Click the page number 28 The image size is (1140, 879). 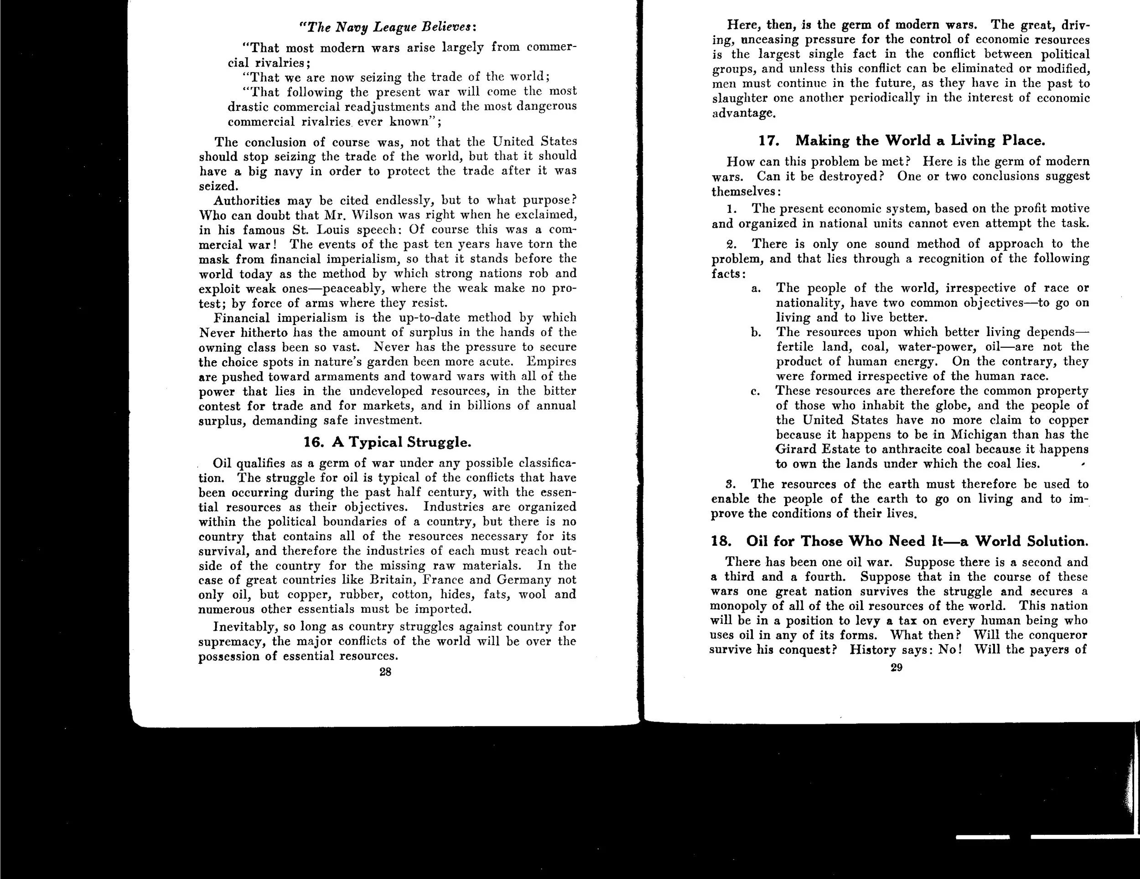(x=385, y=672)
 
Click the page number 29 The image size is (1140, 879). (x=896, y=667)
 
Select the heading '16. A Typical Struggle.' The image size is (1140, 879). (x=387, y=442)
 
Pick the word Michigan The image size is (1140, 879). (x=979, y=435)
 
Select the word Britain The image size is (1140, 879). (x=392, y=580)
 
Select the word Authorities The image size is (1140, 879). (x=247, y=201)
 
